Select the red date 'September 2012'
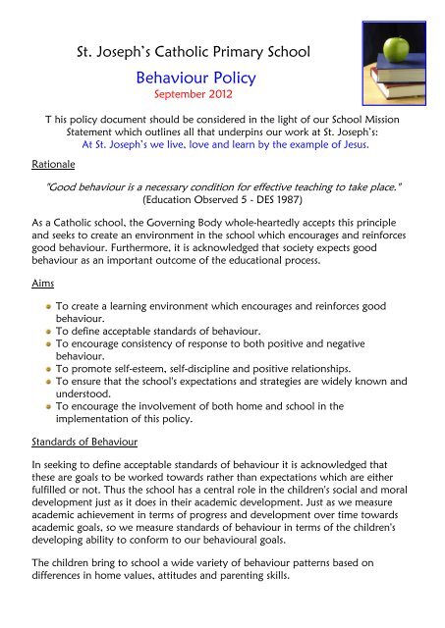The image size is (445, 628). tap(193, 99)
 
